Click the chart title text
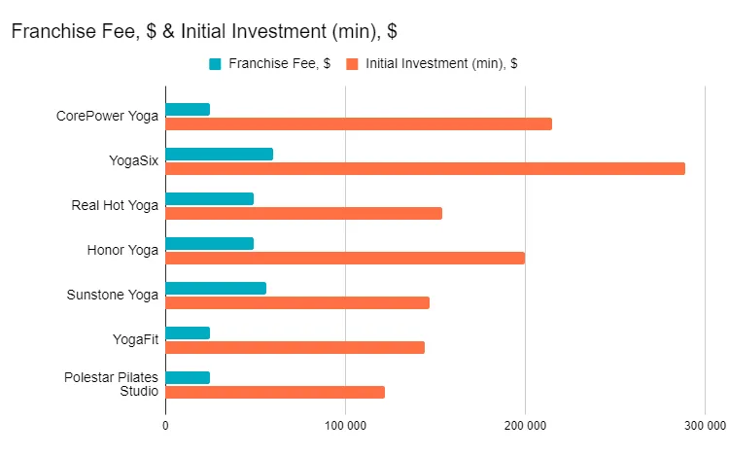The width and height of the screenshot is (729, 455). (x=204, y=31)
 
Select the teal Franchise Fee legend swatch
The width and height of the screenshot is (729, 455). (x=216, y=64)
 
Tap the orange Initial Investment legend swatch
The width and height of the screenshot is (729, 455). (x=352, y=64)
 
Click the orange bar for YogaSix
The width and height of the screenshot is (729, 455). (x=425, y=168)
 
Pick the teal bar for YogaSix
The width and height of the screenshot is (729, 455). (x=219, y=154)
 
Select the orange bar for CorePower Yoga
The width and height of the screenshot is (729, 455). (x=359, y=123)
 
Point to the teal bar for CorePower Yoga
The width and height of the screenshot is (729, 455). (x=188, y=109)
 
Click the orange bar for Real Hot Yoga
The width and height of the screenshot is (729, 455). (x=303, y=213)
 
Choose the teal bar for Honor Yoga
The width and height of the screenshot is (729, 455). (x=209, y=243)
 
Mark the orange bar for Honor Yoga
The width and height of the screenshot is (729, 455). (x=345, y=258)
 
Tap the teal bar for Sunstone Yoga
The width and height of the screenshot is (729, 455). (x=216, y=288)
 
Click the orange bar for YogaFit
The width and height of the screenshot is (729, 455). (x=295, y=347)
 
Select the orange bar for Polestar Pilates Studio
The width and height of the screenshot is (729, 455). (x=275, y=392)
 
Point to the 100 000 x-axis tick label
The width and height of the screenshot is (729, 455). (x=345, y=425)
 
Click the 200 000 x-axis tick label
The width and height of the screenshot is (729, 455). (x=525, y=425)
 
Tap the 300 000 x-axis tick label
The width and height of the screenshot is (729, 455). (x=705, y=425)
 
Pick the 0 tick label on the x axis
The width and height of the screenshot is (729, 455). (x=165, y=425)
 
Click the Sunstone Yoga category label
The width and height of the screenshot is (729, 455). (x=112, y=295)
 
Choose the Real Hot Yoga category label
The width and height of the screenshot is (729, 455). (x=115, y=205)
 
